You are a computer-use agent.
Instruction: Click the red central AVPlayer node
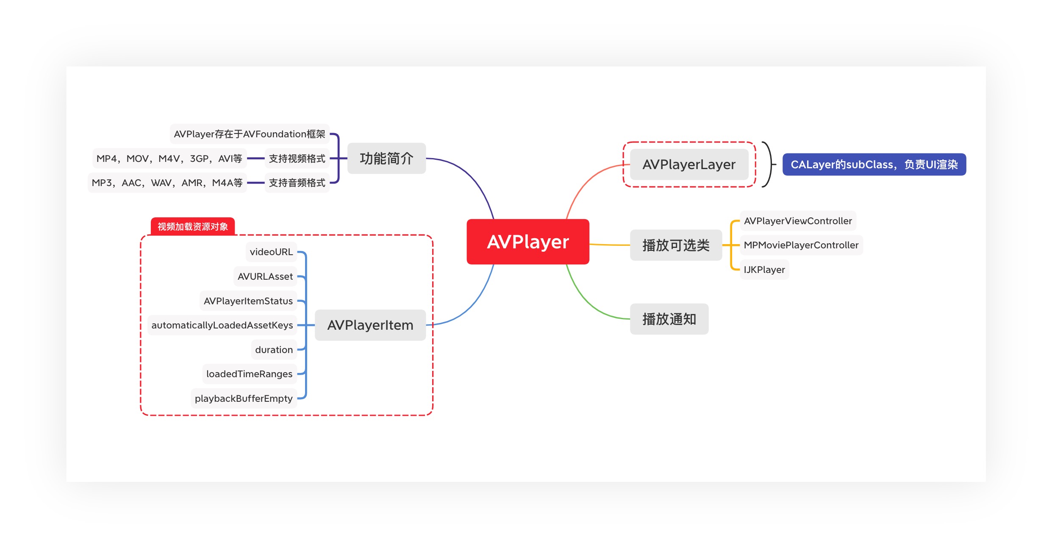[x=527, y=242]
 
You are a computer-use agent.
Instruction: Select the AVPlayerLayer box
[x=689, y=164]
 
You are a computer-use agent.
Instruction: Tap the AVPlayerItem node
[x=370, y=325]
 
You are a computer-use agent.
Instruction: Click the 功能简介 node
[x=386, y=159]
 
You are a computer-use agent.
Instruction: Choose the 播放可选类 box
[x=676, y=245]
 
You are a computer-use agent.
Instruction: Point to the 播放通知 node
[x=669, y=319]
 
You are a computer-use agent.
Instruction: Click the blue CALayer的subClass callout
[x=874, y=164]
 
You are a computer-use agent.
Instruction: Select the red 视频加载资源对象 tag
[x=193, y=226]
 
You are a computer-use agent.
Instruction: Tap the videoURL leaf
[x=271, y=252]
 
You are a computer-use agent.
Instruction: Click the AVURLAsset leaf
[x=265, y=276]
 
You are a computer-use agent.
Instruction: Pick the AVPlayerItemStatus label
[x=248, y=301]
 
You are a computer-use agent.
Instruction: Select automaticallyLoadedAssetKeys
[x=222, y=325]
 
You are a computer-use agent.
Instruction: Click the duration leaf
[x=274, y=350]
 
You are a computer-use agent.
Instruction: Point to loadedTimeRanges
[x=249, y=374]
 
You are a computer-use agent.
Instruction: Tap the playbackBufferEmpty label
[x=244, y=398]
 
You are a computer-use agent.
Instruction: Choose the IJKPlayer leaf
[x=764, y=270]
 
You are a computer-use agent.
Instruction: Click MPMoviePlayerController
[x=801, y=245]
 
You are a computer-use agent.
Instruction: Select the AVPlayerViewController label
[x=797, y=221]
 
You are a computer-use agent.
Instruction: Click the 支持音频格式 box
[x=297, y=183]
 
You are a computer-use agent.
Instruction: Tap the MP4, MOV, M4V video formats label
[x=169, y=159]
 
